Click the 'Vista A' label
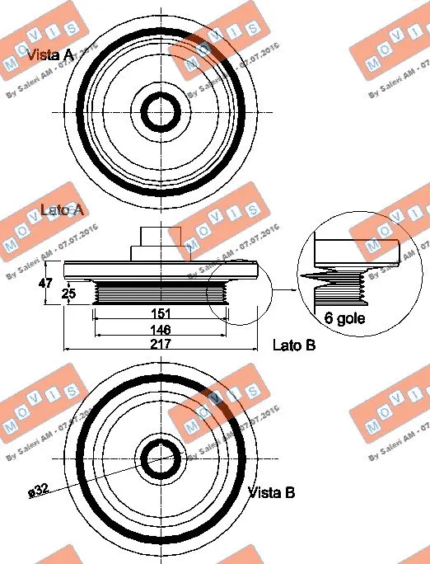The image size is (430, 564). click(x=50, y=55)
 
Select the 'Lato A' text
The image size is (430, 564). click(x=62, y=210)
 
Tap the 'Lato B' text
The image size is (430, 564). click(x=294, y=345)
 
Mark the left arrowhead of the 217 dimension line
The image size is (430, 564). click(x=67, y=352)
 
